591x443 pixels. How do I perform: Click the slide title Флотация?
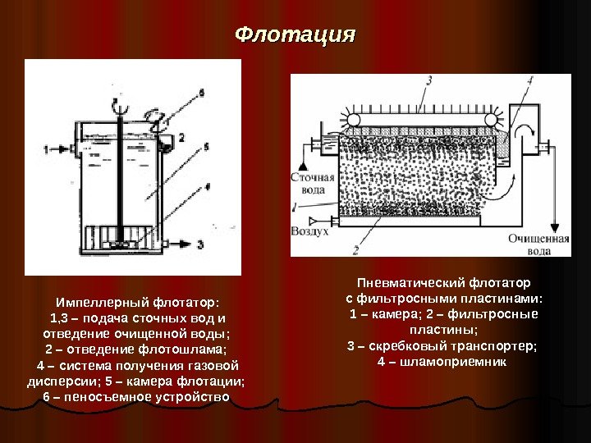[x=295, y=35]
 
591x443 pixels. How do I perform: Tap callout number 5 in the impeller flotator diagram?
[x=207, y=146]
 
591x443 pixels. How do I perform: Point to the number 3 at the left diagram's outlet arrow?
[x=202, y=244]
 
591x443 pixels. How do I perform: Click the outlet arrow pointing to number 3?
[x=179, y=244]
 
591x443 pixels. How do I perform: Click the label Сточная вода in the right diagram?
[x=312, y=183]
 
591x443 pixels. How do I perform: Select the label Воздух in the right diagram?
[x=309, y=232]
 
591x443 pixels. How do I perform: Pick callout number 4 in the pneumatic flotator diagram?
[x=530, y=81]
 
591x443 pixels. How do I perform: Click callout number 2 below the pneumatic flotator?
[x=355, y=249]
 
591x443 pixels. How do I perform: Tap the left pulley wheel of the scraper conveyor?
[x=354, y=121]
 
